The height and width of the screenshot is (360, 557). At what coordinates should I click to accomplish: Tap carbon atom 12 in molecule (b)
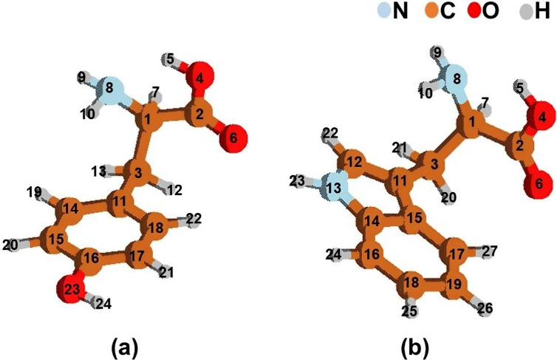coord(353,160)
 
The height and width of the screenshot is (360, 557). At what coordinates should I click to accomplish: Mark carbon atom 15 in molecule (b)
coord(415,220)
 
